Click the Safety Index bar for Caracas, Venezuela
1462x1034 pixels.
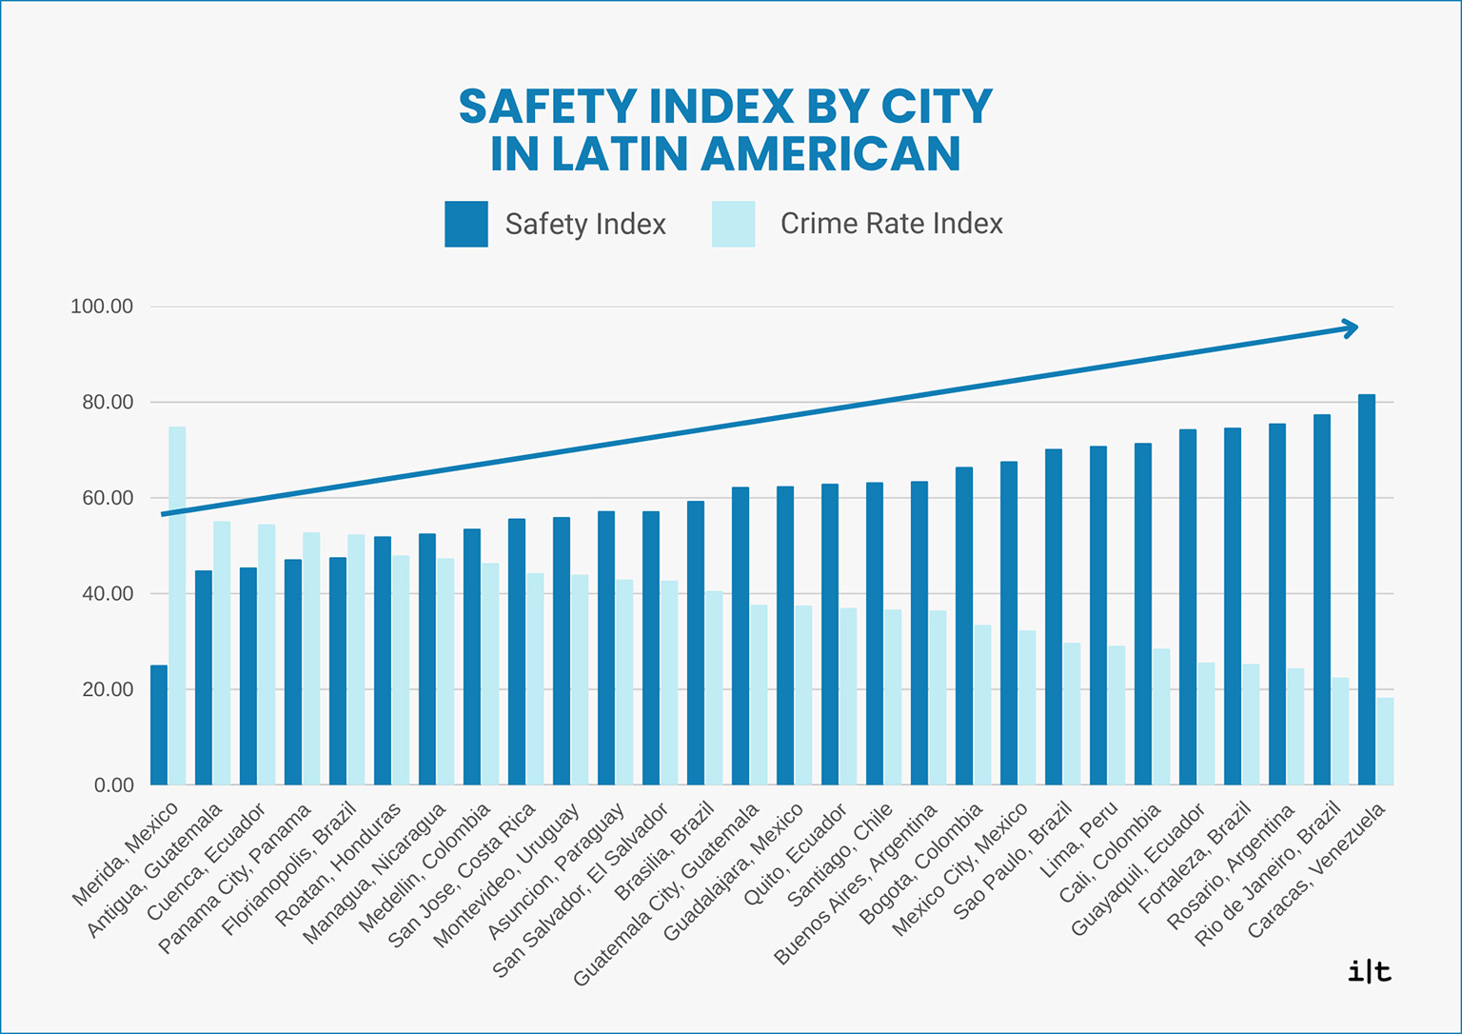(1366, 589)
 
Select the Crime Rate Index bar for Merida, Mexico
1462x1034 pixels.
(177, 606)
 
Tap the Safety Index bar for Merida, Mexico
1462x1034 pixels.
(159, 725)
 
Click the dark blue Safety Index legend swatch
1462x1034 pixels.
(466, 225)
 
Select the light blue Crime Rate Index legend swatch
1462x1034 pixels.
(733, 225)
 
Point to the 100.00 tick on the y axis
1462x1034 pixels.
(102, 307)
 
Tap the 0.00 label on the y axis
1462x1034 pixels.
(113, 785)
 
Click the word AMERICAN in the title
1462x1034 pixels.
(831, 154)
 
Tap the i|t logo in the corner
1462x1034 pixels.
(1370, 972)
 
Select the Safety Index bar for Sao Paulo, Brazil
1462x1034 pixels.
(1053, 617)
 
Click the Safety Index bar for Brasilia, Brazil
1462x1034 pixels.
(696, 643)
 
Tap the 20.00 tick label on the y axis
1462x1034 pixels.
(108, 689)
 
